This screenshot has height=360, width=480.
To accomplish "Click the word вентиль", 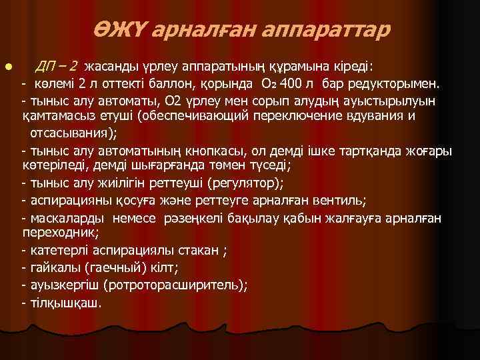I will point(335,201).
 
